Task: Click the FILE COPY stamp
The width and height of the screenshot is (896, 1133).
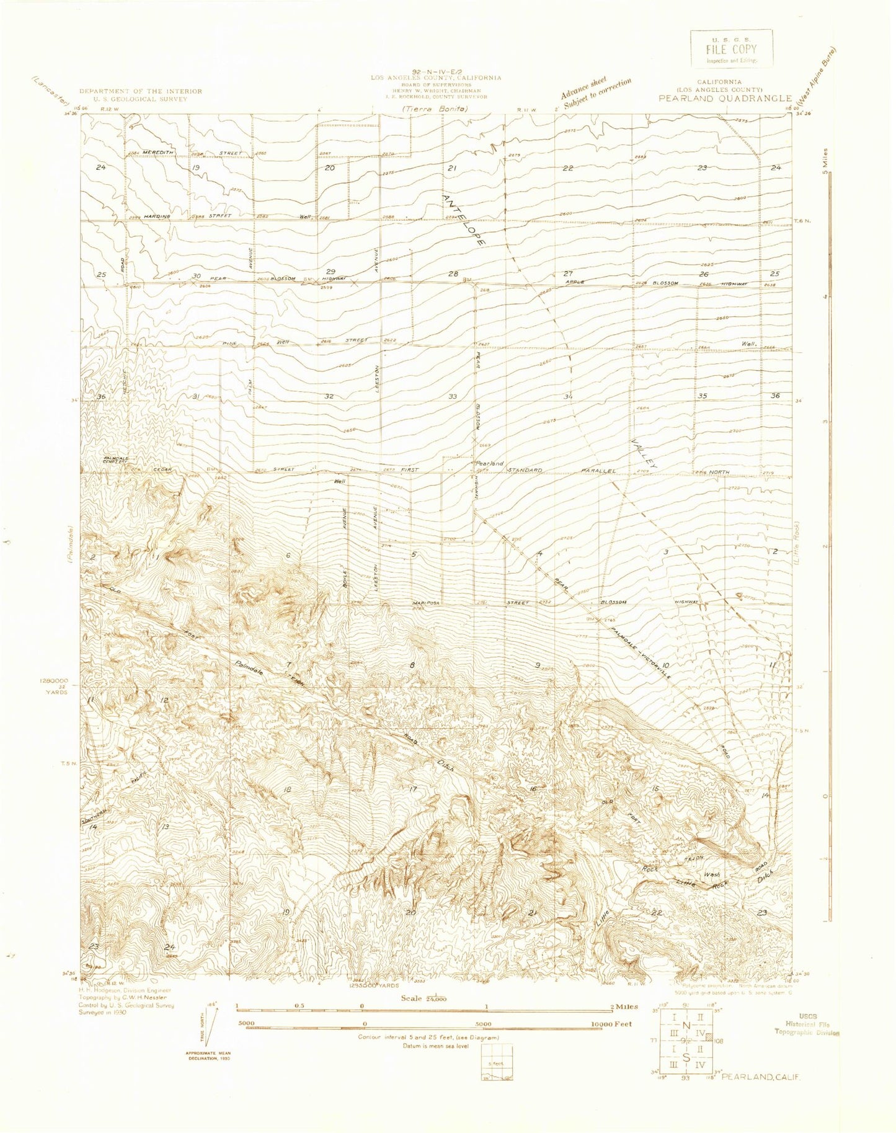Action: (731, 49)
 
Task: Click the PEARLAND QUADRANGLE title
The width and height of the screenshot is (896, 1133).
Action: (725, 98)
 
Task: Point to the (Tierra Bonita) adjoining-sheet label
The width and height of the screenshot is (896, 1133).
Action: (434, 109)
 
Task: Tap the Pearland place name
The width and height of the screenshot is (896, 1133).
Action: (489, 463)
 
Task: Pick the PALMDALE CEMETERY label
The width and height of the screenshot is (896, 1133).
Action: (116, 461)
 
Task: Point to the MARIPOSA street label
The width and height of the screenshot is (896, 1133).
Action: (425, 602)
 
